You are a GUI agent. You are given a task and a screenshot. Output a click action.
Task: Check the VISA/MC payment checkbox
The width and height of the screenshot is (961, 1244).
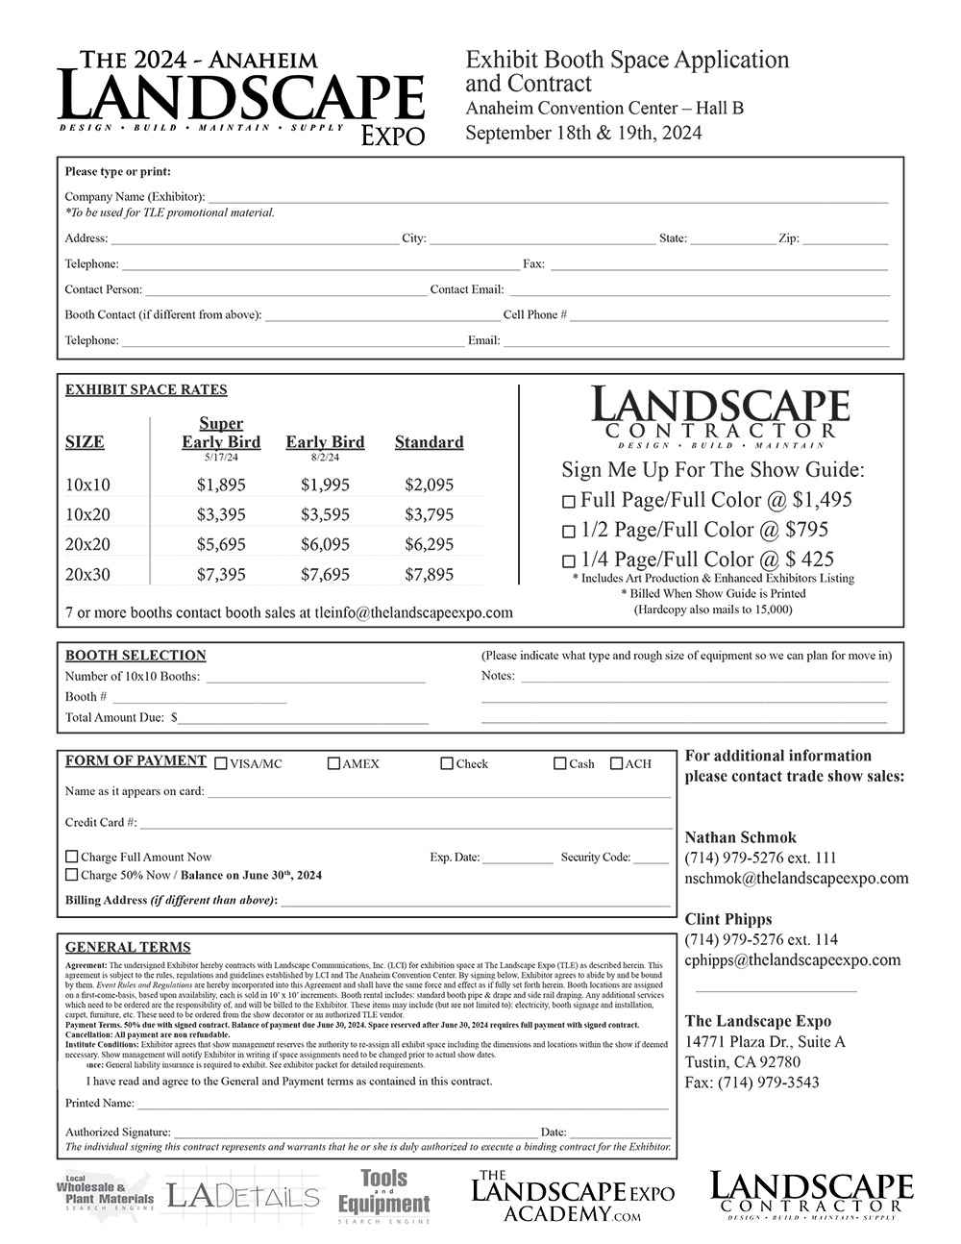221,764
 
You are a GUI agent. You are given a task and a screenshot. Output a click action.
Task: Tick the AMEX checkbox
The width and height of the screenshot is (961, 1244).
333,764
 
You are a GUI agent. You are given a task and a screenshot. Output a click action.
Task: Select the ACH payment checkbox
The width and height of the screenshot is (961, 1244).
617,764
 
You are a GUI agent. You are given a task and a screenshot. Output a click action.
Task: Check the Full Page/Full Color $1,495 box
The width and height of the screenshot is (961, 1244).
569,501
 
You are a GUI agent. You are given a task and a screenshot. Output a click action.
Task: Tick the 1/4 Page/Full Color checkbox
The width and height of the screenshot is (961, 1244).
569,560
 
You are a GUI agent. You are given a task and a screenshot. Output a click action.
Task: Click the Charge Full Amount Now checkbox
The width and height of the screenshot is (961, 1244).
72,857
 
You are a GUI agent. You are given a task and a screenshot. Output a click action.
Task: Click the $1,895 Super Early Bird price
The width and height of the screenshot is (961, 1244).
221,485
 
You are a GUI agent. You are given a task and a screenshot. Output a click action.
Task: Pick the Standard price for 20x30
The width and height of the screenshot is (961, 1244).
429,574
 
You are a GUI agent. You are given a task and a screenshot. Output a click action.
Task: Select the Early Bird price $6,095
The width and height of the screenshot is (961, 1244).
325,544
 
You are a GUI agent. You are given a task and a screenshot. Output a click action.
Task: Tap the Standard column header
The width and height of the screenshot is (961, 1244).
429,442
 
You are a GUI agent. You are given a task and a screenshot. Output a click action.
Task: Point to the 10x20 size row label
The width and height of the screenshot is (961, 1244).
87,514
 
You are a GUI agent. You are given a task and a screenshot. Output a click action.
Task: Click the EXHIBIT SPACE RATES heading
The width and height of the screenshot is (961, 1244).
146,390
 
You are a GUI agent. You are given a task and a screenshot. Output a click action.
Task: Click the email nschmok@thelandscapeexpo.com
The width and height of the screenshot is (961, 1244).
796,878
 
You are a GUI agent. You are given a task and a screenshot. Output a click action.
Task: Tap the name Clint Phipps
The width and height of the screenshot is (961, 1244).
728,919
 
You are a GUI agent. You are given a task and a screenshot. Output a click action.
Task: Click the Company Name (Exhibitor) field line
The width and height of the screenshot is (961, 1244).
548,198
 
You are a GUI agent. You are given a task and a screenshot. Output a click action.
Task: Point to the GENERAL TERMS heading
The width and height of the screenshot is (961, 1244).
128,947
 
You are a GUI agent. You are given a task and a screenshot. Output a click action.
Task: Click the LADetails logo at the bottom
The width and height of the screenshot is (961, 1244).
243,1197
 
